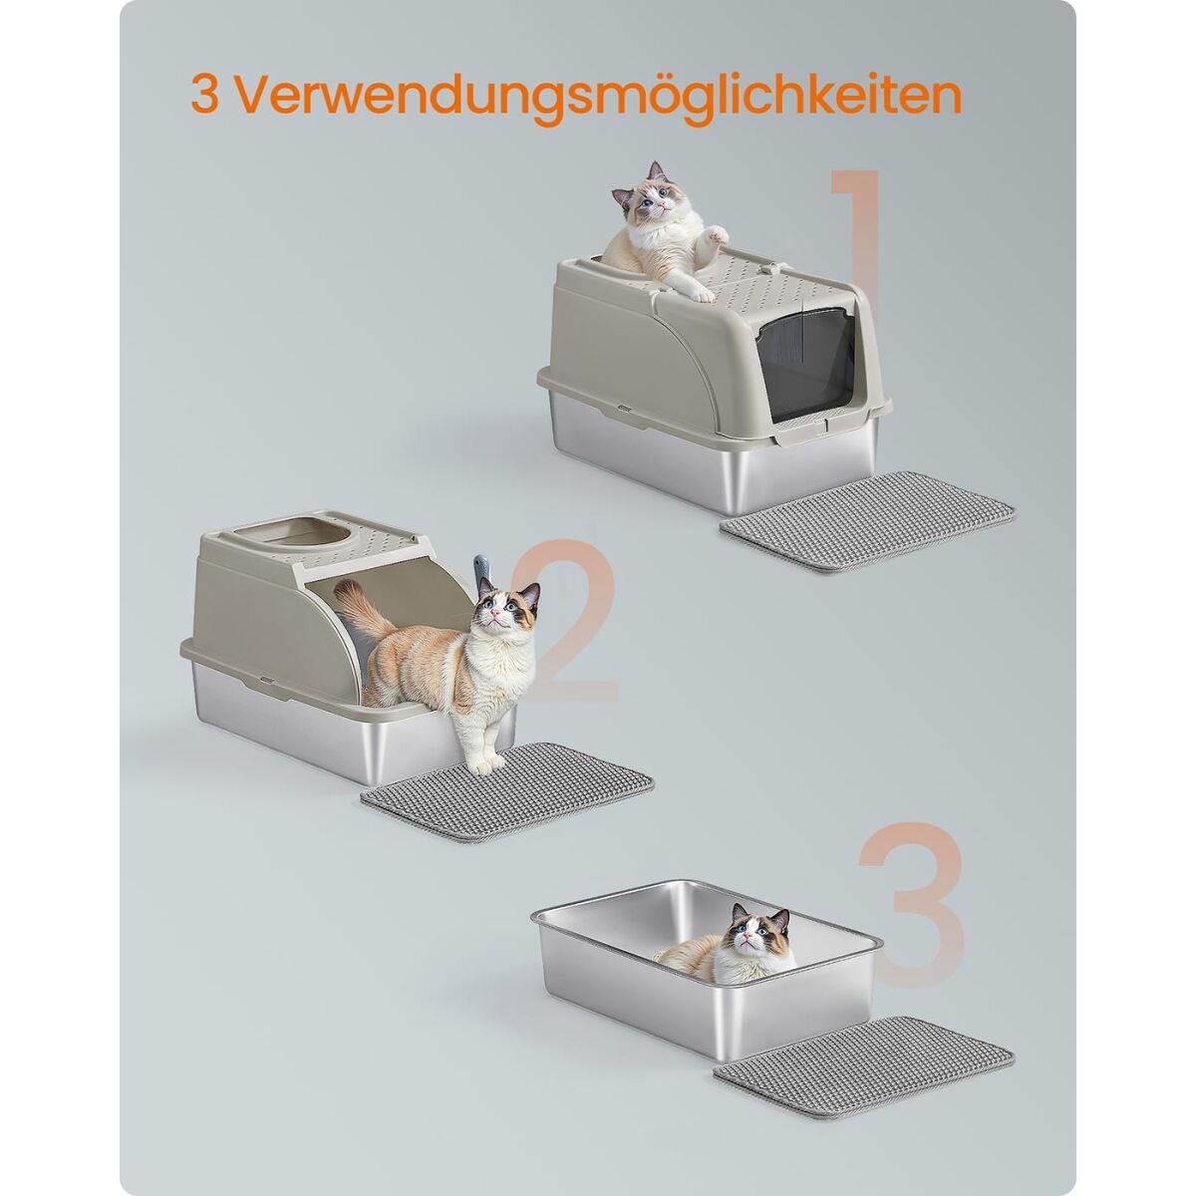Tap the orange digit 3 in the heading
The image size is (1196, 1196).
click(203, 94)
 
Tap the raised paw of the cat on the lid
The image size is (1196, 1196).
click(717, 234)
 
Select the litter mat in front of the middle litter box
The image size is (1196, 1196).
click(507, 791)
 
